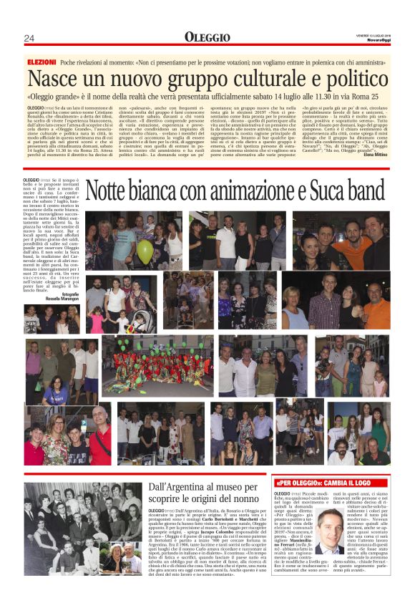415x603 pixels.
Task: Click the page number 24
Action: [x=29, y=38]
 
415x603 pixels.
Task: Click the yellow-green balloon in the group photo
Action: [x=145, y=250]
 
